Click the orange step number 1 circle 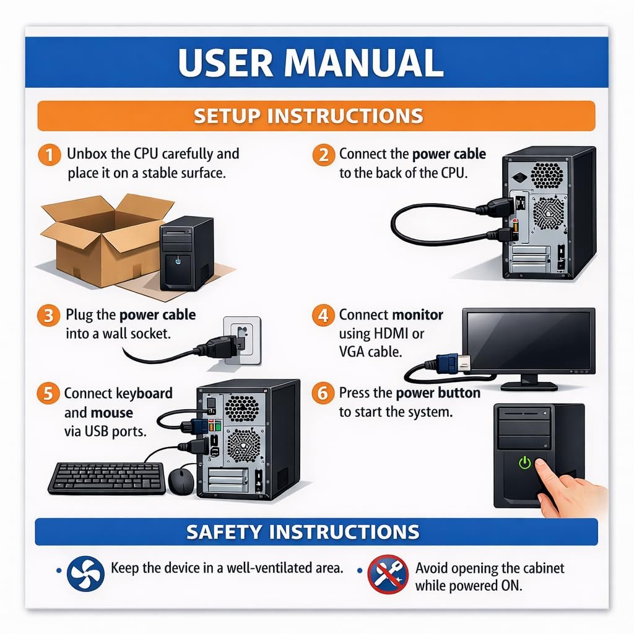tap(50, 155)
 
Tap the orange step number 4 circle tap(323, 315)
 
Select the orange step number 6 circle tap(323, 393)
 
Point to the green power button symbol tap(525, 462)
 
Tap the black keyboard tap(106, 479)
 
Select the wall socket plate tap(243, 341)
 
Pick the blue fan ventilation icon tap(85, 574)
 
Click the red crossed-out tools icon tap(388, 574)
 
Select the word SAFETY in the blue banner tap(224, 532)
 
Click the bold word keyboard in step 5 tap(144, 394)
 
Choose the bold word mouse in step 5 tap(112, 413)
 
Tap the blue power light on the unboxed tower tap(178, 261)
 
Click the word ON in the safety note tap(511, 586)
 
